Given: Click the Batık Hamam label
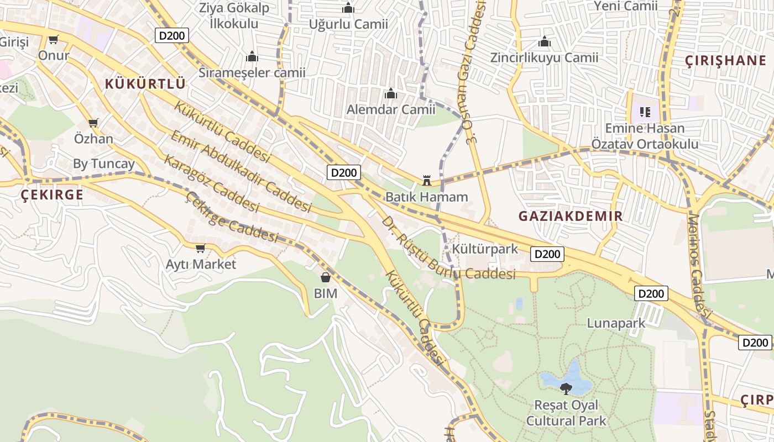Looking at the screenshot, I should tap(426, 197).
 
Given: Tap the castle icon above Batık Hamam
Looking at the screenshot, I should tap(426, 180).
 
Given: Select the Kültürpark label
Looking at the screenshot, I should tap(485, 249).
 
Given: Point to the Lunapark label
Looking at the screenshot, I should tap(616, 323).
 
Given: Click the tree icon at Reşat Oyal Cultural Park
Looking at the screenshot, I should tap(566, 389).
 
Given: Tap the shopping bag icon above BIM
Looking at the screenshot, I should tap(326, 277).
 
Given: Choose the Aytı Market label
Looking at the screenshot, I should tap(201, 264).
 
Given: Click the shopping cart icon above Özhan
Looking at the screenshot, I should tap(93, 123).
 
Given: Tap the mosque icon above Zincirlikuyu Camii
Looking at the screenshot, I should tap(545, 42).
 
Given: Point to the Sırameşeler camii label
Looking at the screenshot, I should tap(252, 72).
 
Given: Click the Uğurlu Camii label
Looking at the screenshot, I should tap(348, 24).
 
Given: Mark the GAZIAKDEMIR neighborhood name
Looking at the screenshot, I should tap(571, 216).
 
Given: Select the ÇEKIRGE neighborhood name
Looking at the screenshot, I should tap(52, 194).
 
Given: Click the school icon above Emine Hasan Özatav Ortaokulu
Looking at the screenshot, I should tap(645, 113).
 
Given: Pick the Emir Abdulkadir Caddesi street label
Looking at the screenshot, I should tap(240, 171).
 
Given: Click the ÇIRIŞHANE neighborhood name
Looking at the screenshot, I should tap(725, 61).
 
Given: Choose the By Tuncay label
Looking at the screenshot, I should tap(104, 164).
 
